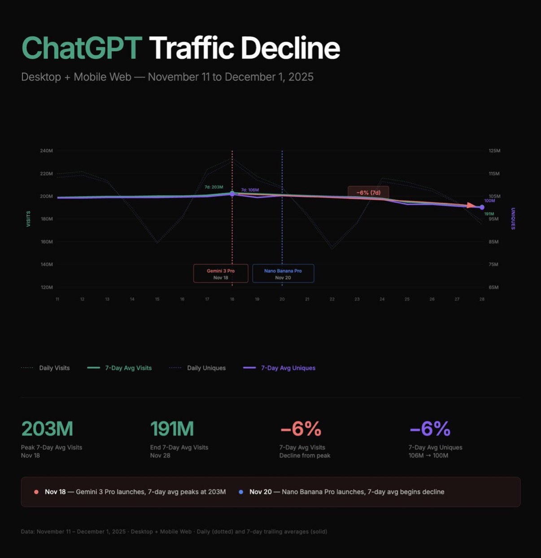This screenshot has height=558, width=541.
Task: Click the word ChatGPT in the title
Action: tap(82, 48)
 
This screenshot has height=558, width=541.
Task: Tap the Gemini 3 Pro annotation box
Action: tap(221, 273)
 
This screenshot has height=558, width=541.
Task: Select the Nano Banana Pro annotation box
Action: tap(283, 273)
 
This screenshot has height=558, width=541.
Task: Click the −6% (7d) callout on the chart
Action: tap(368, 193)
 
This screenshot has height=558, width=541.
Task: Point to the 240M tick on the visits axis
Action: tap(46, 151)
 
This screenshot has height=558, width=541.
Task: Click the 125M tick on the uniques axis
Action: tap(494, 151)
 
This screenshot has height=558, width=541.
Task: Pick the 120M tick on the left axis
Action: tap(46, 287)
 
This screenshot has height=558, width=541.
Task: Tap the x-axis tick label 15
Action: tap(157, 299)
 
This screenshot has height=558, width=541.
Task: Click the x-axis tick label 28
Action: tap(482, 299)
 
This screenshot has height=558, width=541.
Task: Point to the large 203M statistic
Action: tap(47, 429)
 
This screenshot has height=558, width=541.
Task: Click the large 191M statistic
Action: tap(172, 429)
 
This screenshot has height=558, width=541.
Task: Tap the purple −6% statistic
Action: tap(430, 429)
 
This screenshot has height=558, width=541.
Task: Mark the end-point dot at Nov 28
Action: tap(482, 207)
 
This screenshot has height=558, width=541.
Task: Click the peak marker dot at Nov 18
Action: tap(232, 194)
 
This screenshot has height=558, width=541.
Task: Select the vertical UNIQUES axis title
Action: tap(513, 219)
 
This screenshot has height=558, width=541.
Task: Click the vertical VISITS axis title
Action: tap(28, 219)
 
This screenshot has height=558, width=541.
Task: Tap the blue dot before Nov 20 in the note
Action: tap(241, 492)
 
